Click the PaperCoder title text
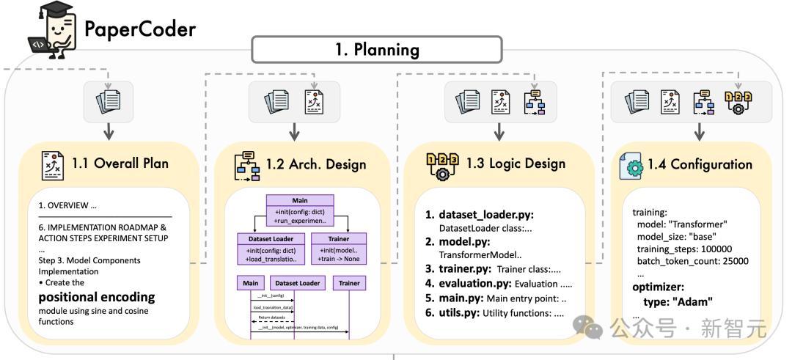tap(140, 29)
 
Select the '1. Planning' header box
tap(377, 49)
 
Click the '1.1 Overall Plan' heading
tap(120, 163)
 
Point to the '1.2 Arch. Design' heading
tap(317, 164)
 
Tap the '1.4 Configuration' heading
tap(700, 164)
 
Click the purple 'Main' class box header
tap(300, 200)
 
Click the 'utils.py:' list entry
tap(460, 313)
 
